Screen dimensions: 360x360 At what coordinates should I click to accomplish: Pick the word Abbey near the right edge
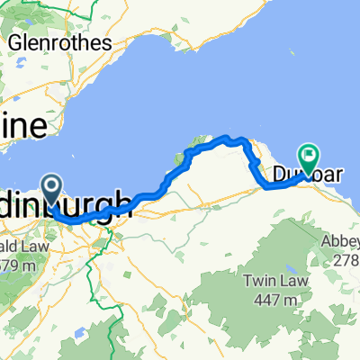pos(341,242)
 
